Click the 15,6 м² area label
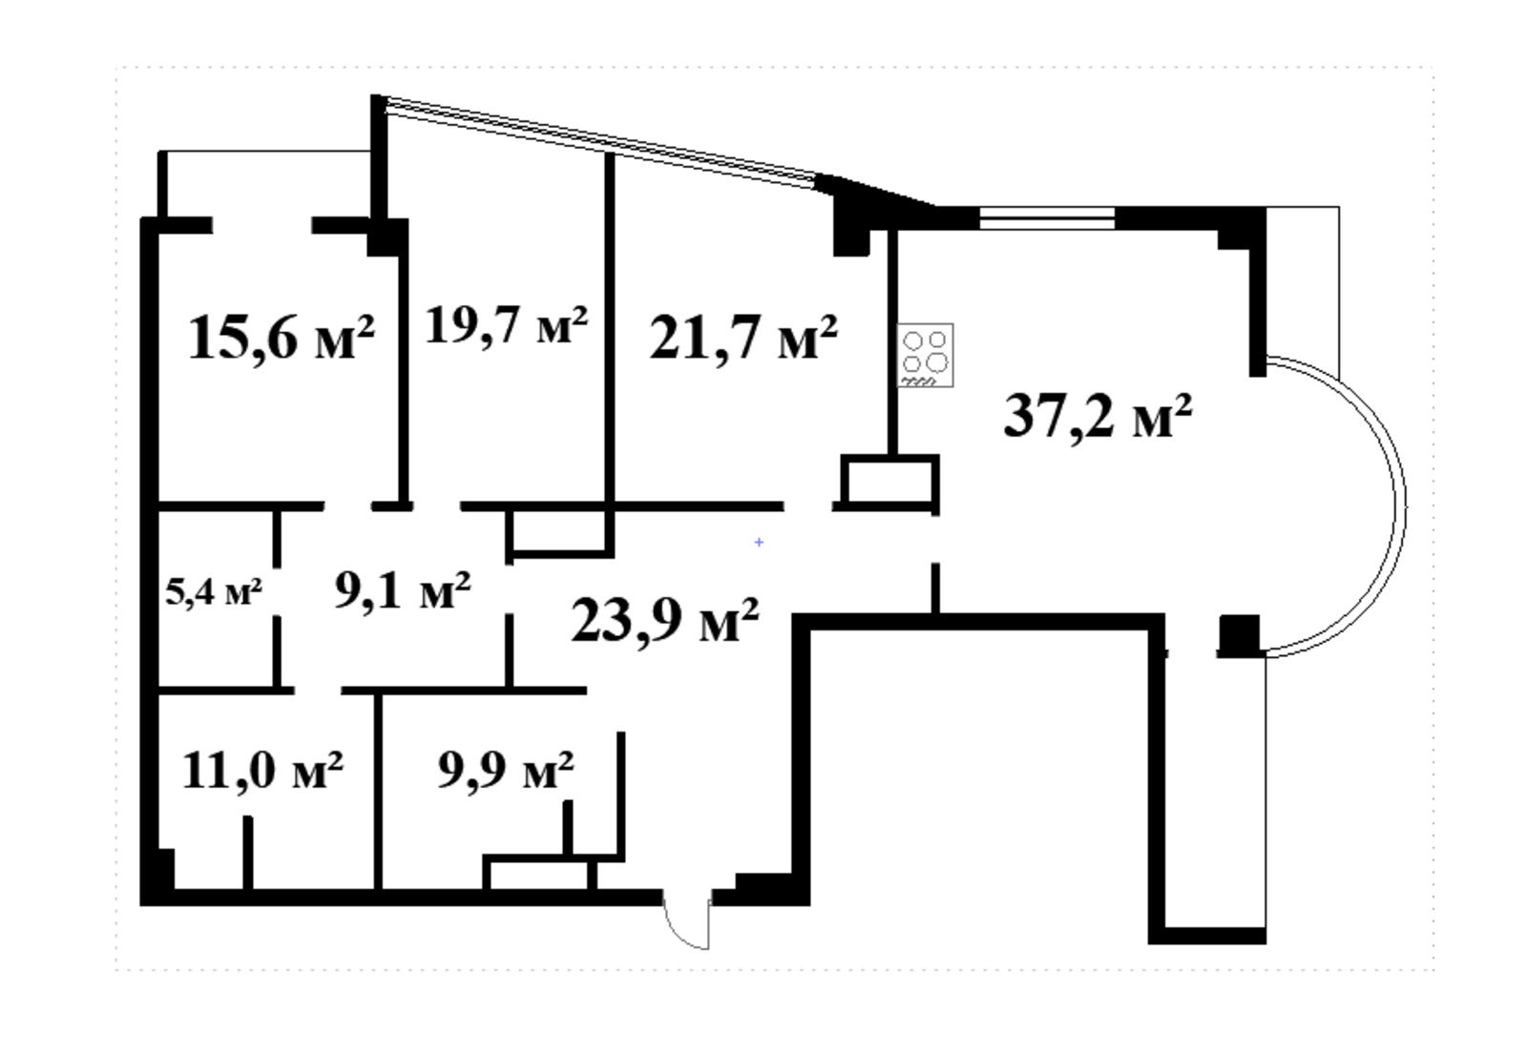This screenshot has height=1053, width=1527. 282,339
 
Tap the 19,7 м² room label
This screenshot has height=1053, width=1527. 506,326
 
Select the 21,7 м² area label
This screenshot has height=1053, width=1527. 743,339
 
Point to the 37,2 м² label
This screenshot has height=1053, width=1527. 1098,418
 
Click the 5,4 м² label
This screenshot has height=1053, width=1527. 214,591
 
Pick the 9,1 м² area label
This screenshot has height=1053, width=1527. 403,591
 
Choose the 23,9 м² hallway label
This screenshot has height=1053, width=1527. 664,622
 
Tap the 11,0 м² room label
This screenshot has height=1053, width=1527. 262,771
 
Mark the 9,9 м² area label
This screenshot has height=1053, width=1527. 505,771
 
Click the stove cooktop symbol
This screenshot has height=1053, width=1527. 925,356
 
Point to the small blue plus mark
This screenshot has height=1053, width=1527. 759,542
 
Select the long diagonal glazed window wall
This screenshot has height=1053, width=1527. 601,142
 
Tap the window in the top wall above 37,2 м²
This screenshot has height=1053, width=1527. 1047,218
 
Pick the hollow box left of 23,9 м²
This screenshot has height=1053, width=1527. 559,532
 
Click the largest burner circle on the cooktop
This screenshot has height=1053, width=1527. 937,361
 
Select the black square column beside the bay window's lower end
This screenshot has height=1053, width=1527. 1240,635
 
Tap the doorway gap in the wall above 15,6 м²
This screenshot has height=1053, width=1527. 261,225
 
